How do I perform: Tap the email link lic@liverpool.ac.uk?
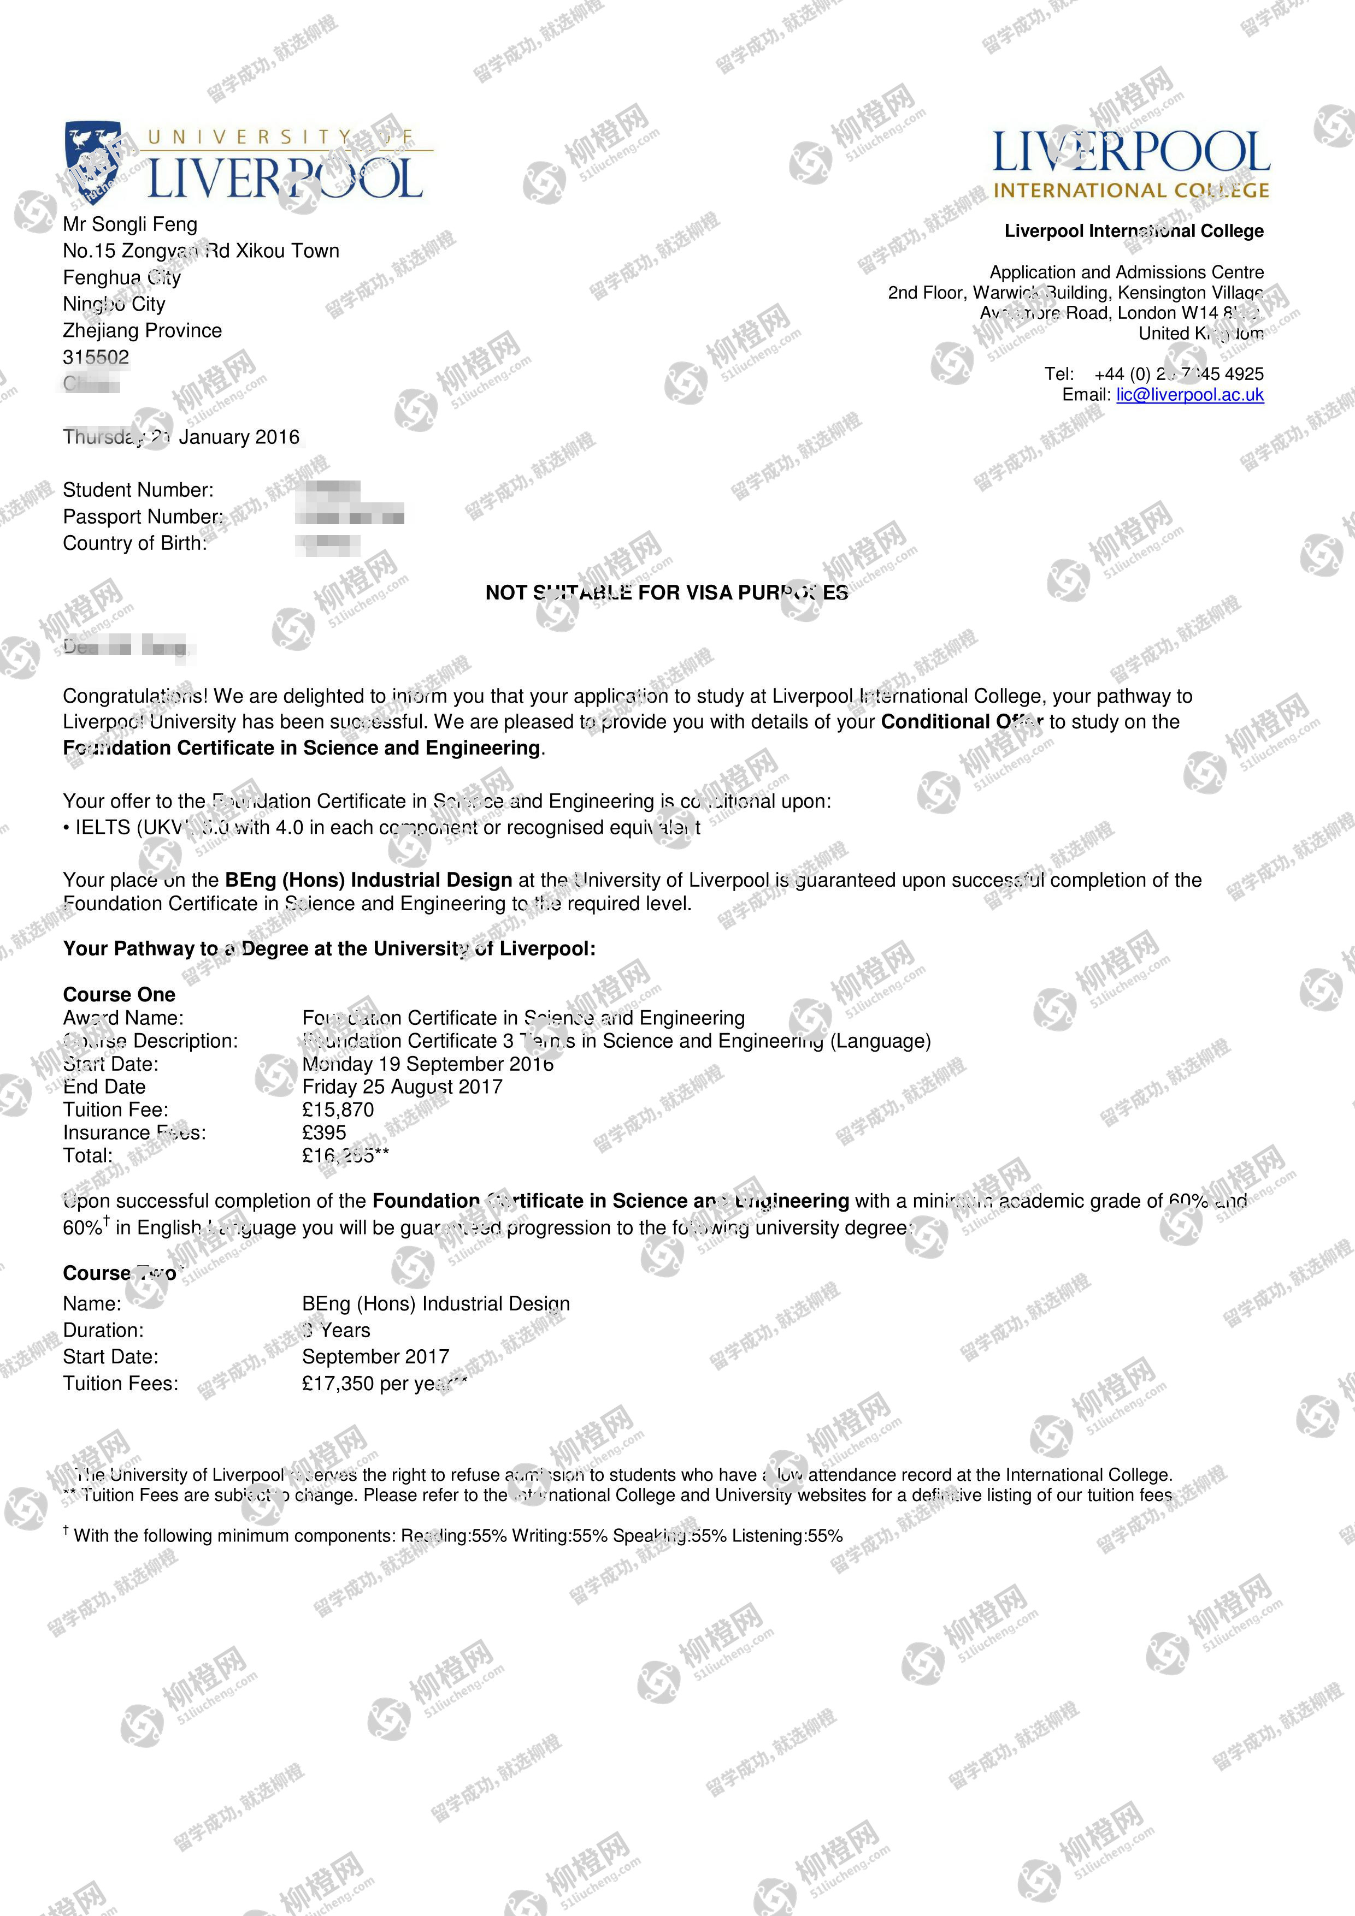pos(1189,395)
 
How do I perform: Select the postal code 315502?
pos(96,357)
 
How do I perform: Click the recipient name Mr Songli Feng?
pos(130,224)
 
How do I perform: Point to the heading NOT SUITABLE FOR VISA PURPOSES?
pos(666,592)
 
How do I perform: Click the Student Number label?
pos(138,490)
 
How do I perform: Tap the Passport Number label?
pos(143,517)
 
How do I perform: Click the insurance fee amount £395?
pos(324,1132)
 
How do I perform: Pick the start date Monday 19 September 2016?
pos(427,1064)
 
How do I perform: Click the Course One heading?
pos(119,995)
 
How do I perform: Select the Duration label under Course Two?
pos(103,1330)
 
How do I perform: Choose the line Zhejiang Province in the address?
pos(142,330)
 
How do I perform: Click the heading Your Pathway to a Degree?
pos(329,949)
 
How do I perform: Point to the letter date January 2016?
pos(239,437)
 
